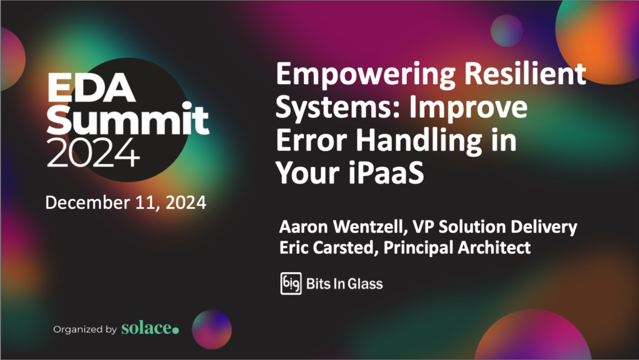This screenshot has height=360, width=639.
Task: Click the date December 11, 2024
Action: pyautogui.click(x=126, y=203)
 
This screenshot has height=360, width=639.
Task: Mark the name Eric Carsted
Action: pyautogui.click(x=328, y=248)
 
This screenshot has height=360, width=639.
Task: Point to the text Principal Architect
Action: pyautogui.click(x=457, y=248)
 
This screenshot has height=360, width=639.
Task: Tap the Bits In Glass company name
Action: pyautogui.click(x=344, y=284)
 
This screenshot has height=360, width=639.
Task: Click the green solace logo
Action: pyautogui.click(x=150, y=328)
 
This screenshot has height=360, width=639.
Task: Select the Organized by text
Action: pyautogui.click(x=85, y=329)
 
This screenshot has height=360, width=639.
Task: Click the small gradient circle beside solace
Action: pyautogui.click(x=212, y=328)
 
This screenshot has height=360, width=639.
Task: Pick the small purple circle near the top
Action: pyautogui.click(x=506, y=29)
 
